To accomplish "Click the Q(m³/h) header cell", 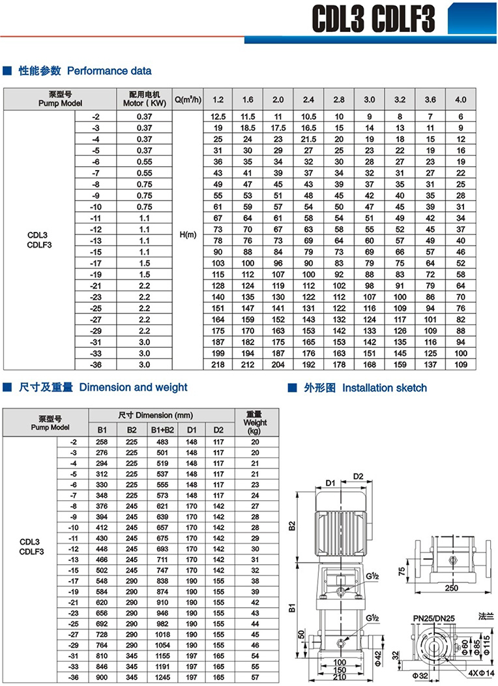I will click(188, 100).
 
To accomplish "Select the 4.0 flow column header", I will click(460, 100).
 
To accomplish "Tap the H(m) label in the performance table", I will click(188, 235).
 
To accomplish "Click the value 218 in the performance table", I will click(218, 365).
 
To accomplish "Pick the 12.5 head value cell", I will click(218, 116).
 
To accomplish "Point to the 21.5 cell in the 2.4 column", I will click(308, 139).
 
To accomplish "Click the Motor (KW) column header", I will click(145, 98).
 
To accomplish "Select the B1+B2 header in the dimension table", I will click(162, 430).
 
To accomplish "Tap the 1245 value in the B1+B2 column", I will click(162, 678).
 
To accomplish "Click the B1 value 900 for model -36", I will click(102, 678).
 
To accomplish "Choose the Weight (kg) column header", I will click(255, 422).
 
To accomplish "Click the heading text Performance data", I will click(109, 70).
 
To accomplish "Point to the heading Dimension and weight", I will click(133, 388).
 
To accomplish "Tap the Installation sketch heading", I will click(385, 388).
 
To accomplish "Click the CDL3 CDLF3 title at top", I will click(373, 20).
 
